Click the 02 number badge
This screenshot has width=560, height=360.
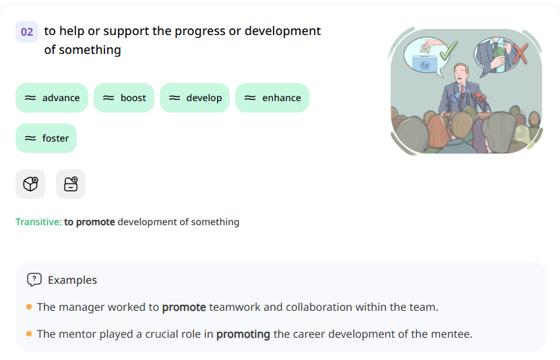pyautogui.click(x=27, y=32)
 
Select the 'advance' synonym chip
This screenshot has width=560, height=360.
pyautogui.click(x=52, y=98)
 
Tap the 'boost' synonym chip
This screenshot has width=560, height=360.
pyautogui.click(x=125, y=98)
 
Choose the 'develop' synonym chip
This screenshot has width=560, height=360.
pyautogui.click(x=195, y=98)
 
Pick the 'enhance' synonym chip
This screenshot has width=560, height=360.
pyautogui.click(x=272, y=98)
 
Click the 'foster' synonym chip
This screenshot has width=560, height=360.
pyautogui.click(x=46, y=138)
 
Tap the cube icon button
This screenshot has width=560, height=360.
pyautogui.click(x=30, y=184)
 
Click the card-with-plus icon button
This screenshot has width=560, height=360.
pyautogui.click(x=71, y=184)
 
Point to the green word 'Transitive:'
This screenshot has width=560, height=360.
pyautogui.click(x=38, y=222)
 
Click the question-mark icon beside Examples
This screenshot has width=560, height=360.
pyautogui.click(x=34, y=280)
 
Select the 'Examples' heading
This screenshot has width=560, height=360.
pyautogui.click(x=72, y=280)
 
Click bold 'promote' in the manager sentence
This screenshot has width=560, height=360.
pyautogui.click(x=184, y=307)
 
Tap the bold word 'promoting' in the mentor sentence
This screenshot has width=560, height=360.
pyautogui.click(x=243, y=334)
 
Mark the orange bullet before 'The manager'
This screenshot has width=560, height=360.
pyautogui.click(x=29, y=307)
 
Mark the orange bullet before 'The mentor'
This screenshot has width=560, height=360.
pyautogui.click(x=29, y=334)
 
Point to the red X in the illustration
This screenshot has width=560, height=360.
pyautogui.click(x=520, y=53)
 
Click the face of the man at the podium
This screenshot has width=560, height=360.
pyautogui.click(x=462, y=72)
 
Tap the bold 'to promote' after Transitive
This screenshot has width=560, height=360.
pyautogui.click(x=90, y=222)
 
